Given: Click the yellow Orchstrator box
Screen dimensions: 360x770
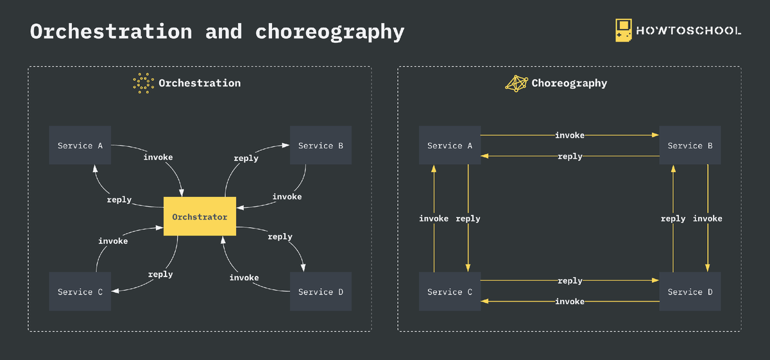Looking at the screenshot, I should [200, 217].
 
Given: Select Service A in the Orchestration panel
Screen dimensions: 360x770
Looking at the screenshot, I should [80, 146].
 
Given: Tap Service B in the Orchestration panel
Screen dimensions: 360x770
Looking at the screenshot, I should [321, 146].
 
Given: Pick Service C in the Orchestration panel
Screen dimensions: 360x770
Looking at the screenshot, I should [80, 292].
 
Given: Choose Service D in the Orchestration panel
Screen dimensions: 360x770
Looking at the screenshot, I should [321, 292].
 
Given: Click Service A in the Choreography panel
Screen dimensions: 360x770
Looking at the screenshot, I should [450, 146].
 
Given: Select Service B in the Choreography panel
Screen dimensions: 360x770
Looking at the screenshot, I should [690, 146].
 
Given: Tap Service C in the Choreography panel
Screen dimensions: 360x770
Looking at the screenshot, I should [450, 292].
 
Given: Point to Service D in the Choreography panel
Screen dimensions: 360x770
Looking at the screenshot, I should [690, 292].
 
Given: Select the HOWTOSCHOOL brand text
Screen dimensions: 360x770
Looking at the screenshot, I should [689, 31].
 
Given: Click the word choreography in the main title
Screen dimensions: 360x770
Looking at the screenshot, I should [330, 31].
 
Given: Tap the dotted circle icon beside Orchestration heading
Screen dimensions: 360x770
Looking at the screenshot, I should [144, 83].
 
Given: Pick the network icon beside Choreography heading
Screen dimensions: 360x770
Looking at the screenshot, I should [517, 83].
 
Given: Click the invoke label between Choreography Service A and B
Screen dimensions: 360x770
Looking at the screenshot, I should [570, 135].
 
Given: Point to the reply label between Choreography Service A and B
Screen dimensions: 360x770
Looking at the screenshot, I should [570, 157].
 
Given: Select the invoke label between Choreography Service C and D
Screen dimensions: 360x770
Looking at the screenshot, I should [570, 302].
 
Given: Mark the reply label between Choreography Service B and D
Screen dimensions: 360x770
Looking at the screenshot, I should [673, 219].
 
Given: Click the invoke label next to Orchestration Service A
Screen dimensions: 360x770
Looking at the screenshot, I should [158, 157].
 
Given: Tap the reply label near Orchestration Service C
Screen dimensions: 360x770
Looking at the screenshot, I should [160, 275].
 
